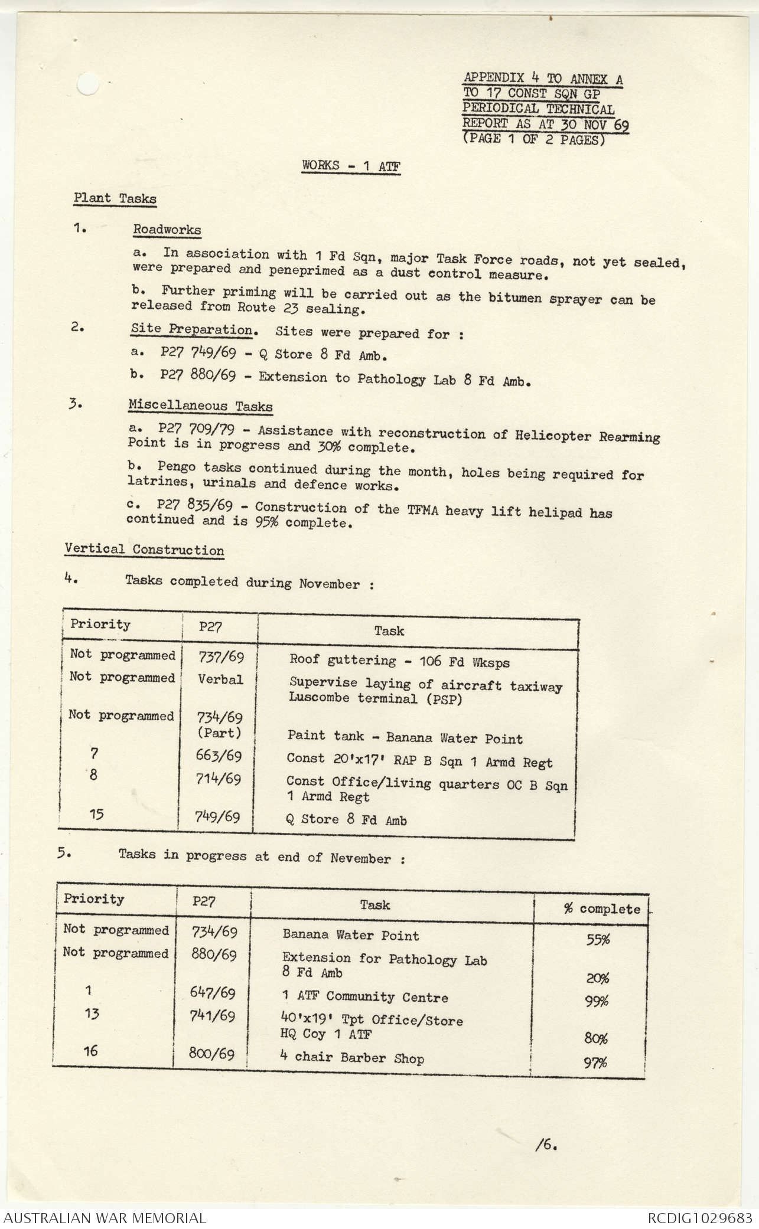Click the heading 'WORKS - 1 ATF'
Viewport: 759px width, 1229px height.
tap(351, 166)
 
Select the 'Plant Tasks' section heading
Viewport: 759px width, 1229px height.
tap(115, 198)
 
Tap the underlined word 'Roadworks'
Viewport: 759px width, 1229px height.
tap(167, 230)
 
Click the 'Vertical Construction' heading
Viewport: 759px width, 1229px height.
tap(144, 550)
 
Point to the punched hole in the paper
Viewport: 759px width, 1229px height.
tap(89, 85)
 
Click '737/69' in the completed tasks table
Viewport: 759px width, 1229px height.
tap(220, 657)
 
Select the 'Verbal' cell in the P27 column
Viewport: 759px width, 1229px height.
tap(220, 679)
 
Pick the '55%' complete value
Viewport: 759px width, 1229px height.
tap(598, 939)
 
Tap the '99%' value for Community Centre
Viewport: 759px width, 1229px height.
tap(597, 1001)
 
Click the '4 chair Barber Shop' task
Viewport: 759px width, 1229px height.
tap(351, 1058)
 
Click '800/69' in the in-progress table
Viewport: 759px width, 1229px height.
tap(211, 1054)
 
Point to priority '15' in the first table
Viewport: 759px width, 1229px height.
tap(96, 815)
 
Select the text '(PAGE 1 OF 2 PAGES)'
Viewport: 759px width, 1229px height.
tap(534, 140)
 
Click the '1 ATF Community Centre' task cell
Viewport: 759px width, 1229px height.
tap(364, 997)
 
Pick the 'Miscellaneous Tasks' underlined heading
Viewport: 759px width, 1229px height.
tap(200, 406)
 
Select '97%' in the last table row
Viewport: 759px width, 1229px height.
tap(595, 1063)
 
